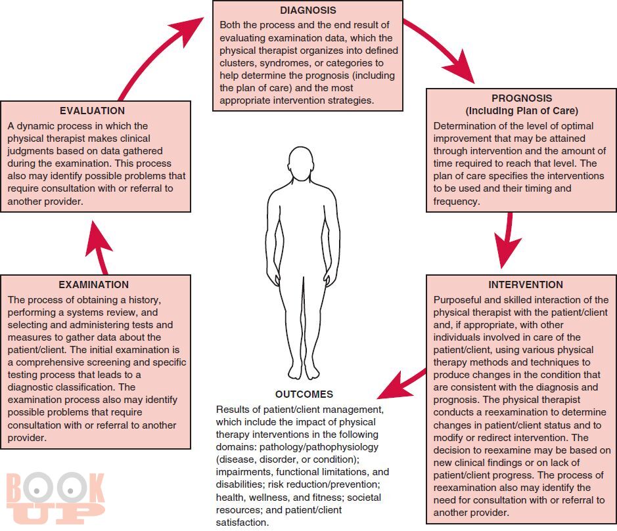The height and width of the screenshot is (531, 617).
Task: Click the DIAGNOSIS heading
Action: pos(308,11)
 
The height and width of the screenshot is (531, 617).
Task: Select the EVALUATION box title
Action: pos(92,111)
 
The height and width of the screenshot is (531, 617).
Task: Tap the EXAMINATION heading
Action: pos(94,285)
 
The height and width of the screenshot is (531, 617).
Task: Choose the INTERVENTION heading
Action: pos(526,285)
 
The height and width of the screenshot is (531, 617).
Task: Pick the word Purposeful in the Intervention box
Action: pos(458,300)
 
